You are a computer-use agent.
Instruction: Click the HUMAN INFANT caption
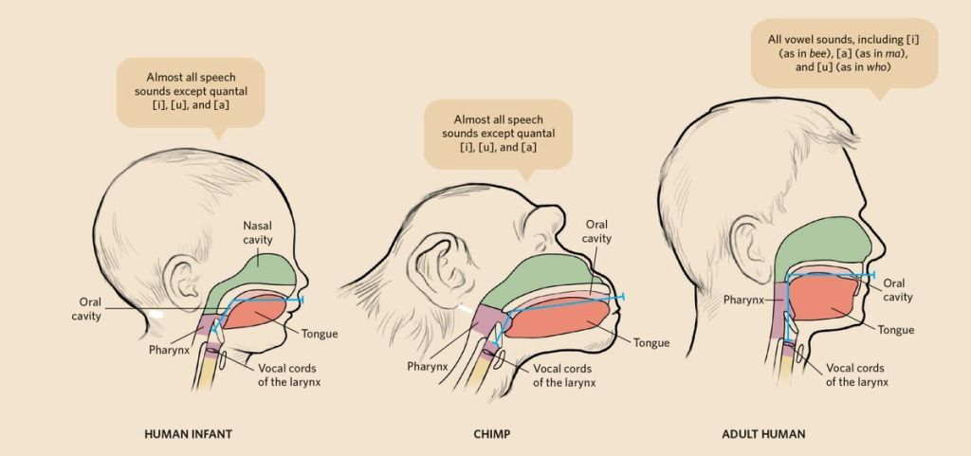[188, 434]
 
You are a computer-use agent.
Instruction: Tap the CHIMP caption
[493, 434]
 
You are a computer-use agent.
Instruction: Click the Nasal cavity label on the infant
[258, 232]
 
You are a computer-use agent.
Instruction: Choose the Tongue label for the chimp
[651, 342]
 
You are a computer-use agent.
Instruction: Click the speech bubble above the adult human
[844, 53]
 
